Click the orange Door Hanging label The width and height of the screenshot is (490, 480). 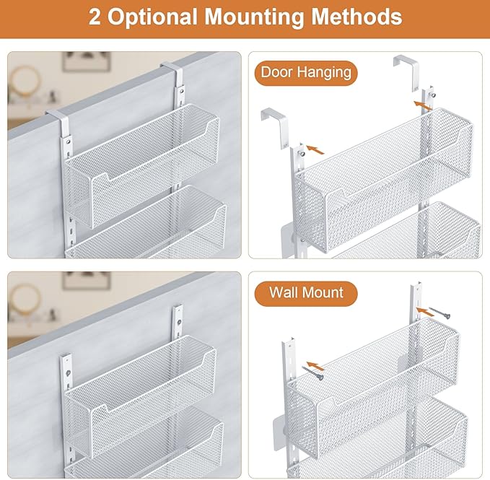pos(305,72)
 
